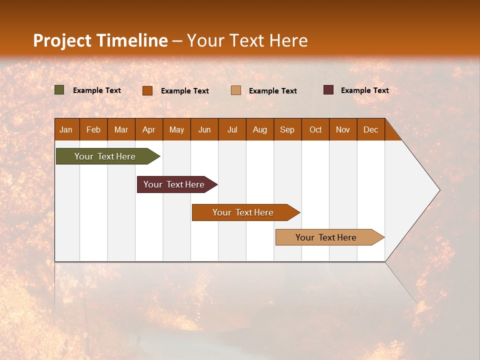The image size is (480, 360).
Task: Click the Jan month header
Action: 66,129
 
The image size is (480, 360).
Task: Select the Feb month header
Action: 93,129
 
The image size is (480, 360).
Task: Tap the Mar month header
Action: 121,129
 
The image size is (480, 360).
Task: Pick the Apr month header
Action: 149,129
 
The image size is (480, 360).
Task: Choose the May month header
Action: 176,129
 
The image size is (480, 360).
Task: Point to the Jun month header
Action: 204,129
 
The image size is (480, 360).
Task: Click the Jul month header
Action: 232,129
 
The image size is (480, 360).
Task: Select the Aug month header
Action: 260,129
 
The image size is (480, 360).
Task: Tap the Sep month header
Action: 287,129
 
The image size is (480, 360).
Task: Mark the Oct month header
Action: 315,129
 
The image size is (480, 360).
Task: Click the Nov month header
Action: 343,129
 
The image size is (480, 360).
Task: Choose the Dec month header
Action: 371,129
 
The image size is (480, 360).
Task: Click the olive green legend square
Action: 59,90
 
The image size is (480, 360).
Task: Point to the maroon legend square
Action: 328,90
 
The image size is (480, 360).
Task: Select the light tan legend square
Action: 236,90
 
